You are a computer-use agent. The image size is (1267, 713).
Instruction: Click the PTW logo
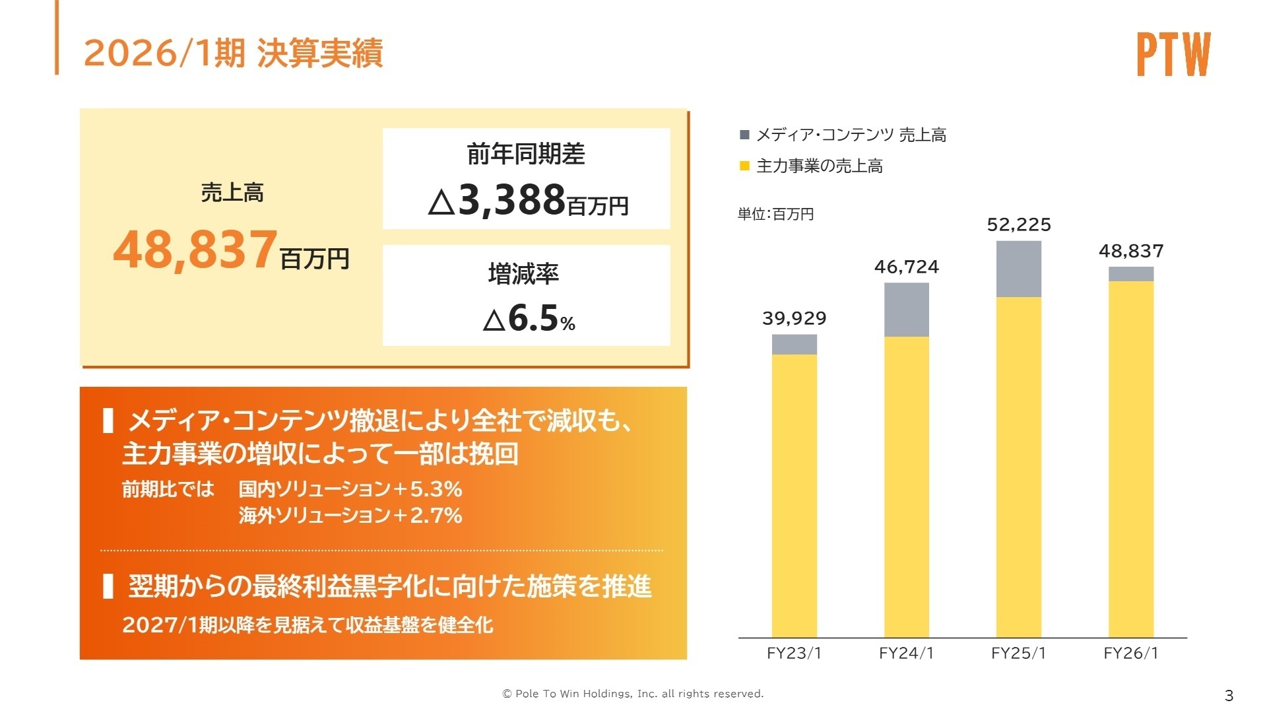[x=1173, y=54]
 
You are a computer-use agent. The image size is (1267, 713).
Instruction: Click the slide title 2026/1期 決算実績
[x=233, y=53]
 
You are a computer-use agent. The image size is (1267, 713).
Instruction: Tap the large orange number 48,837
[x=195, y=250]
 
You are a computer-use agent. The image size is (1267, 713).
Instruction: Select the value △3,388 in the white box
[x=511, y=200]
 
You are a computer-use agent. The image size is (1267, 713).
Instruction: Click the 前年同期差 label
[x=526, y=154]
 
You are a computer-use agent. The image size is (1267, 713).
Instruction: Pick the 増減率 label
[x=523, y=273]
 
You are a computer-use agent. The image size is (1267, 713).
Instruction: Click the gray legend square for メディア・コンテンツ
[x=744, y=135]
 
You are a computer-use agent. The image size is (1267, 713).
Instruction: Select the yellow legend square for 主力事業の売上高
[x=744, y=166]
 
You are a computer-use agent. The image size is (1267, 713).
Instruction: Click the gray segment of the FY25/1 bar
[x=1018, y=269]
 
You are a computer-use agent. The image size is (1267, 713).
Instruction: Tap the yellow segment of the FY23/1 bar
[x=794, y=495]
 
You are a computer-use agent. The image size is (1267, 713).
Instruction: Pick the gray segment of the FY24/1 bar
[x=906, y=310]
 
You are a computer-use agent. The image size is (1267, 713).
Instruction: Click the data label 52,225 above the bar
[x=1018, y=225]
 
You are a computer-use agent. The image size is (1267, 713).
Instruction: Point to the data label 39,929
[x=794, y=319]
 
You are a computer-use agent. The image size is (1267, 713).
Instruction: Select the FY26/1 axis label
[x=1130, y=653]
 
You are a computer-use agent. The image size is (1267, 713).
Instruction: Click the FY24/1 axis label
[x=906, y=653]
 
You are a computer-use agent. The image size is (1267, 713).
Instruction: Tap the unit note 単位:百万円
[x=775, y=214]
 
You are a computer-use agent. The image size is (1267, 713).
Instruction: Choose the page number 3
[x=1228, y=695]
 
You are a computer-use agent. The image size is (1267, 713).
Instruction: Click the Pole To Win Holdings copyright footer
[x=633, y=693]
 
